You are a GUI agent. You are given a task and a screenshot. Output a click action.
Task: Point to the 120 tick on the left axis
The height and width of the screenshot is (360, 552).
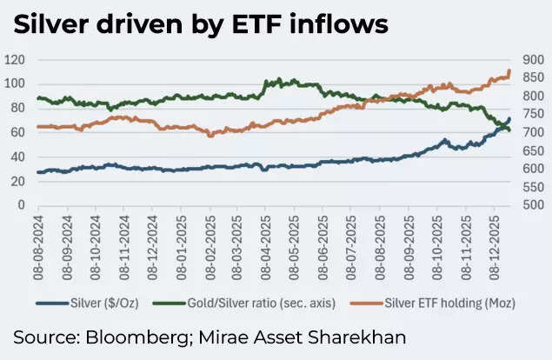[x=15, y=60]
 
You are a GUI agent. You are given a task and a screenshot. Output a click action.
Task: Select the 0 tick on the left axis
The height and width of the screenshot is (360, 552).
[x=22, y=205]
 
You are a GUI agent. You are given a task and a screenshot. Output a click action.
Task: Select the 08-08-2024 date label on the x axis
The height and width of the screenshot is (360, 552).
[x=38, y=238]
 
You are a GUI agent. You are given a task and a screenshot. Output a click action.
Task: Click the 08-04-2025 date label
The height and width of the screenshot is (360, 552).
[x=265, y=238]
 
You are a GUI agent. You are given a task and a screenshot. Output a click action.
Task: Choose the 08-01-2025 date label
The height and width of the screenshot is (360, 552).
[x=181, y=238]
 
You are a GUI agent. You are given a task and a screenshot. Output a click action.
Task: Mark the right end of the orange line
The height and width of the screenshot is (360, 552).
[x=509, y=71]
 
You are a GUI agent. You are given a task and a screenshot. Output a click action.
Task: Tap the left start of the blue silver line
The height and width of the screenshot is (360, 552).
[x=38, y=172]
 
